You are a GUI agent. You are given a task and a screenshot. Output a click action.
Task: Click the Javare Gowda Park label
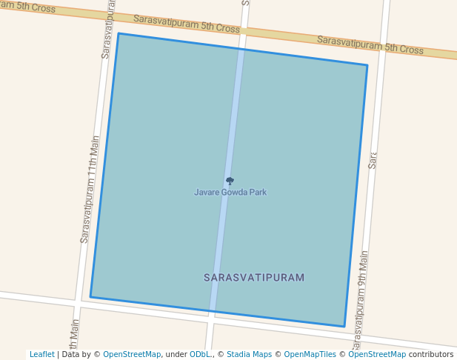[x=230, y=193]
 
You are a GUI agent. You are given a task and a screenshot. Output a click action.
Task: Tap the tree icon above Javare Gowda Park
[x=230, y=181]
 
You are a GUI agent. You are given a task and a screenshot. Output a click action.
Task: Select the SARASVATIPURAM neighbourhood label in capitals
[x=254, y=278]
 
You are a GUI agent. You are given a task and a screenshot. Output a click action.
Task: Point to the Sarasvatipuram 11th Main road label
[x=90, y=190]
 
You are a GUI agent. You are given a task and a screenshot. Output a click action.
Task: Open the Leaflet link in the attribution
[x=41, y=355]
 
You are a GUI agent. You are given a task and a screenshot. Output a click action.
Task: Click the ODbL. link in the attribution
[x=200, y=355]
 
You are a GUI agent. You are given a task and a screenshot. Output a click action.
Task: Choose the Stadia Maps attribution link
[x=249, y=355]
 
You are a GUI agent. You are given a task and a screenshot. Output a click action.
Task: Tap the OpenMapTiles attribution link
[x=310, y=355]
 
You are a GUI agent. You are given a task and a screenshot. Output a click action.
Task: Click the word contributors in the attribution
[x=431, y=355]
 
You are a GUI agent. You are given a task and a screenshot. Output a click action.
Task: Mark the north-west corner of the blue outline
[x=119, y=33]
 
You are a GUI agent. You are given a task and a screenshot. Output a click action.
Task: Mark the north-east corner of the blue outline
[x=367, y=65]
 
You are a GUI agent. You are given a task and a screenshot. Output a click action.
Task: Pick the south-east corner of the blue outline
[x=344, y=326]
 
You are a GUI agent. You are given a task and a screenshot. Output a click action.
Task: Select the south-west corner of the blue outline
[x=90, y=297]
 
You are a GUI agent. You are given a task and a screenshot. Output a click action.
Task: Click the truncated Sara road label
[x=373, y=160]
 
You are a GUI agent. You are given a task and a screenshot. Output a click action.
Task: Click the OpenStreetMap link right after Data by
[x=132, y=355]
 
